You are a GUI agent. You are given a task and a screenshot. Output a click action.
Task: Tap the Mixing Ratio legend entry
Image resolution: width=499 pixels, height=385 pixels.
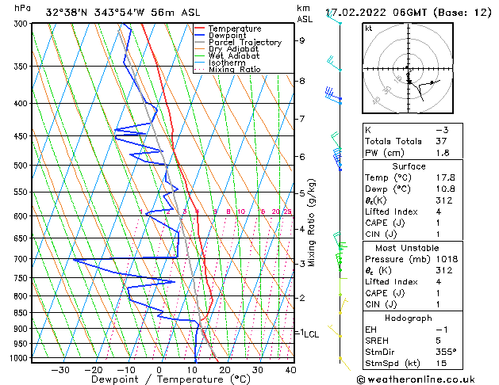[234, 69]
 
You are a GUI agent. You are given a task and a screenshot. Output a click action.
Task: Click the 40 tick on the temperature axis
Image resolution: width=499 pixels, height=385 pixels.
[290, 369]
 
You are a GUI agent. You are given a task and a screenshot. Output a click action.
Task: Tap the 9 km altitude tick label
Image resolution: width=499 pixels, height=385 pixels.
[301, 40]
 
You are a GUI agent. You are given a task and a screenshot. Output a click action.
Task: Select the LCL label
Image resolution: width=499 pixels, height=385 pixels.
[311, 334]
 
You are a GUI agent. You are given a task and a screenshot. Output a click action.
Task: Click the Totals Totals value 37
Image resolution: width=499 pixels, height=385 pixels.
[442, 141]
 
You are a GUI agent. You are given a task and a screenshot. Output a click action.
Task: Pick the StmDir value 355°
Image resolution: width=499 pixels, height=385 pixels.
[447, 352]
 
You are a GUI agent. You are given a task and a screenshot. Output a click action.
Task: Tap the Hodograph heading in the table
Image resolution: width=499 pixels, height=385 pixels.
[408, 318]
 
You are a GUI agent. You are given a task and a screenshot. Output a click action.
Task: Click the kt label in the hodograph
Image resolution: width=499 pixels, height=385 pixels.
[368, 28]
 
